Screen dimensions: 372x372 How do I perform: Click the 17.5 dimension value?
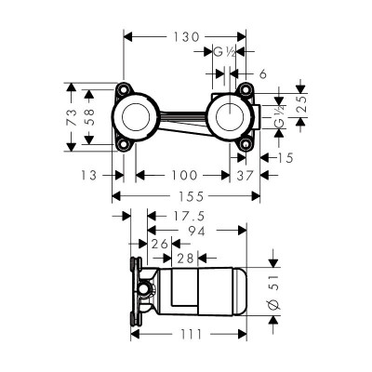(167, 215)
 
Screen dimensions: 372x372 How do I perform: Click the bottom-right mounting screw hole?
(246, 146)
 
